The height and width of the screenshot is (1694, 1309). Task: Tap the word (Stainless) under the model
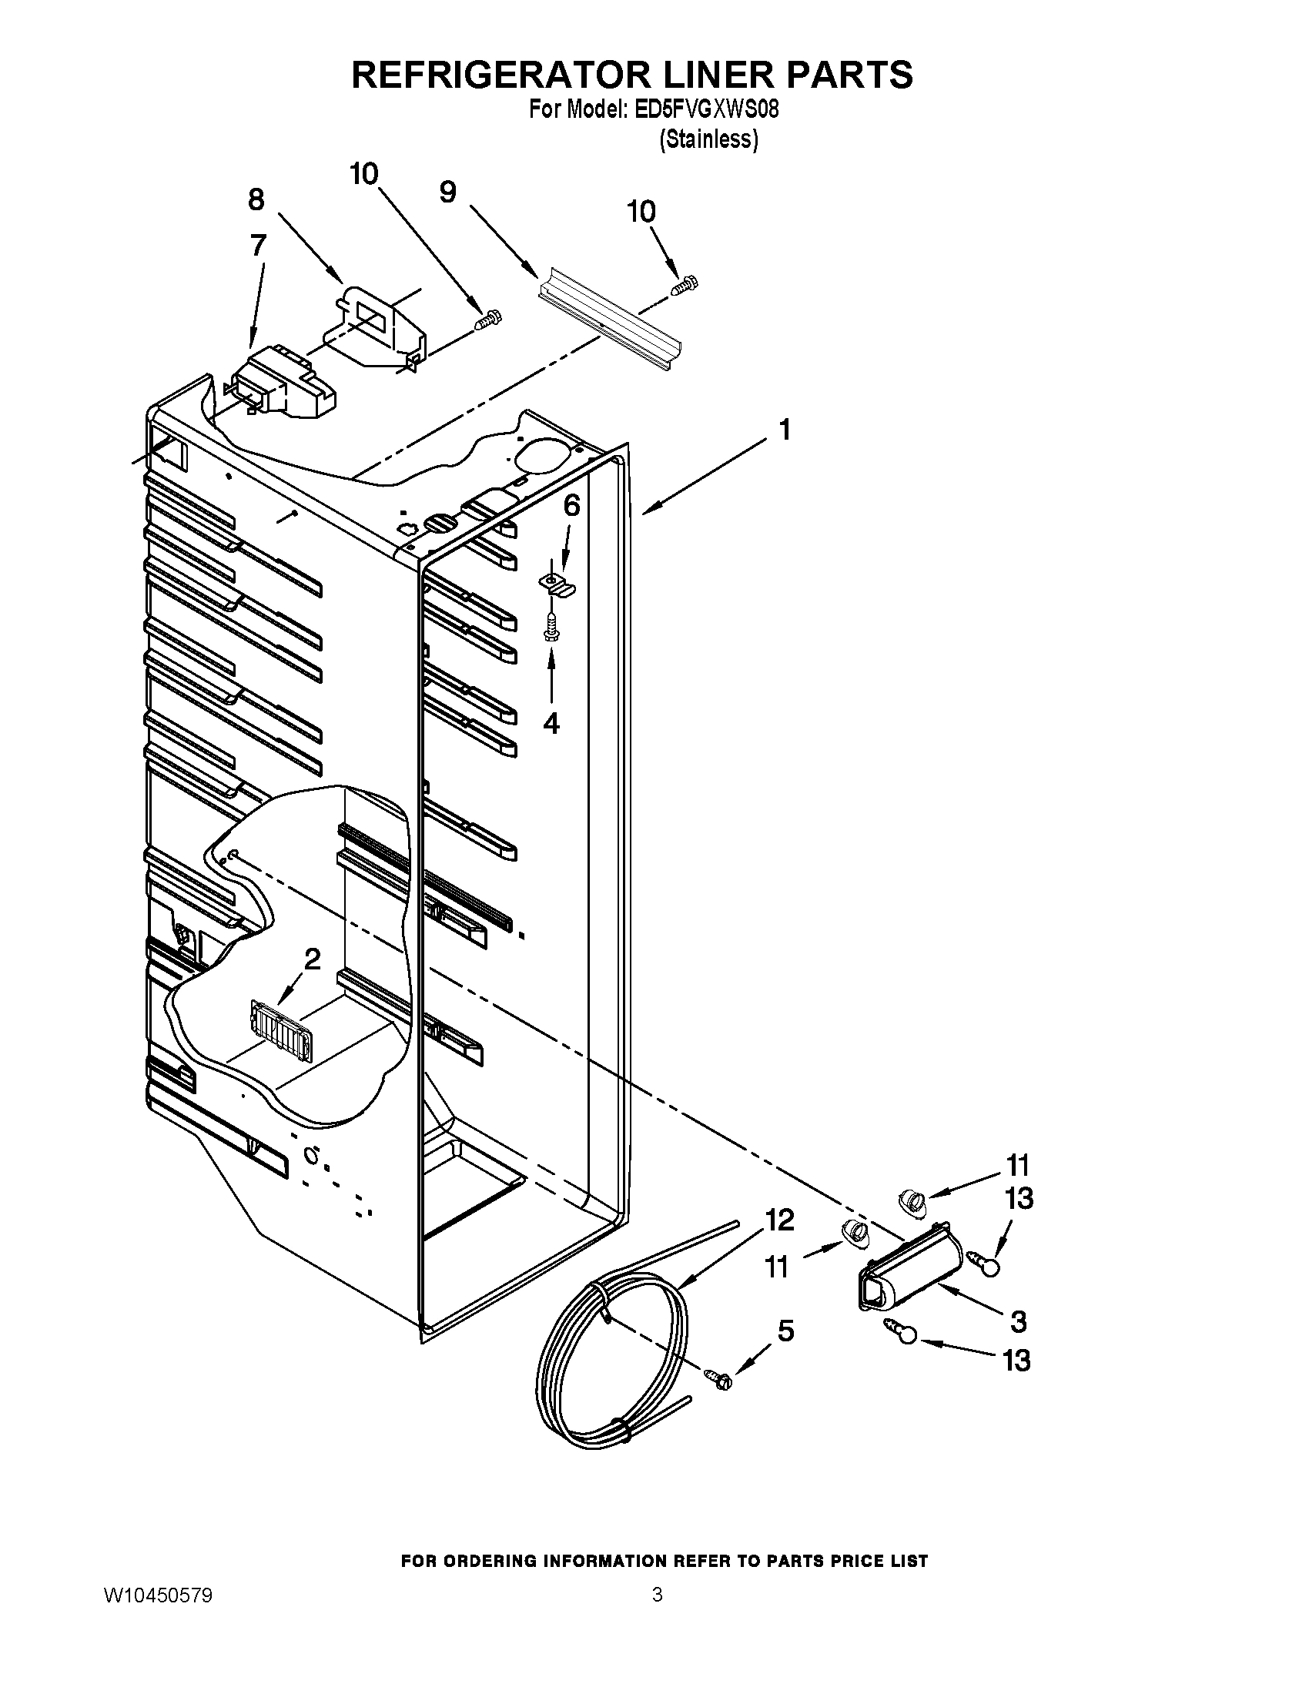(708, 139)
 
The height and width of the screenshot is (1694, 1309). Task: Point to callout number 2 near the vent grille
(312, 959)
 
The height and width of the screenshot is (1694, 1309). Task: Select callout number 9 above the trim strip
(447, 192)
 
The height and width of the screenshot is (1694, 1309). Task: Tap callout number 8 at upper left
(256, 199)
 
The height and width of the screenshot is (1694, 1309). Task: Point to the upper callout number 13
(1019, 1199)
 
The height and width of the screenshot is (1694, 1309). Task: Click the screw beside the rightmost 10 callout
(684, 286)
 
